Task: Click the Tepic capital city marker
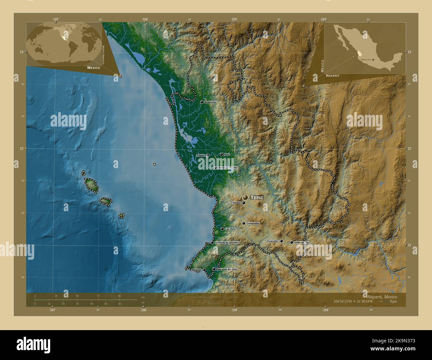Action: (246, 197)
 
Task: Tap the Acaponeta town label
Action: (211, 102)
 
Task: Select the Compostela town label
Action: (253, 224)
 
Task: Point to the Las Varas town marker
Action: (222, 229)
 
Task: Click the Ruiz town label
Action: (227, 155)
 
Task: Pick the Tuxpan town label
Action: (200, 155)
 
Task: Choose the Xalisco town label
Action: (236, 203)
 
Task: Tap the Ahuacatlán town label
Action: (272, 241)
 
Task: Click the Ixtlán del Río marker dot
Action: (291, 242)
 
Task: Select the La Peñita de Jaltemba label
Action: (227, 243)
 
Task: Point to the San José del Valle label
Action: (227, 269)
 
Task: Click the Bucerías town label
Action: (196, 270)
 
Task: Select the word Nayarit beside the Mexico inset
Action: (333, 76)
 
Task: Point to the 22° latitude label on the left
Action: (22, 148)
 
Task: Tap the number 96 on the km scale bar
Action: (119, 296)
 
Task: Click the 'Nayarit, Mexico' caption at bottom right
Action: (382, 296)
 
